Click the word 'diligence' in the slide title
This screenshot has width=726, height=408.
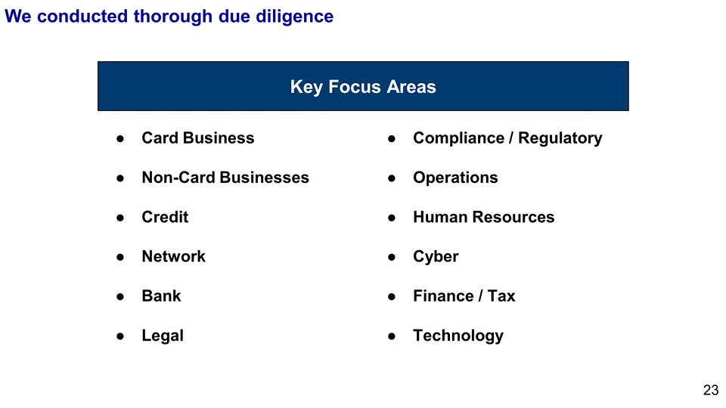pos(294,17)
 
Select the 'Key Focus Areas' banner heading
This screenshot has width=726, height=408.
pos(363,87)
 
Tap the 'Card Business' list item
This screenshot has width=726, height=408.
pos(198,138)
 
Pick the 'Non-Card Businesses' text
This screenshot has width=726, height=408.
pos(225,177)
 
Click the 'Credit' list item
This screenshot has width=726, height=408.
pos(166,217)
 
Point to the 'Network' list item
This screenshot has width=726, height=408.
pos(174,256)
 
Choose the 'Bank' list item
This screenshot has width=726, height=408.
pos(162,296)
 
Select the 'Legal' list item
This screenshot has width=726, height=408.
pos(163,335)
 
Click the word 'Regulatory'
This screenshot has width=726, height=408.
pos(560,138)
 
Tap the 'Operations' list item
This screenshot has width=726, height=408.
pos(455,178)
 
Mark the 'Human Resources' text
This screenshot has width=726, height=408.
pos(484,217)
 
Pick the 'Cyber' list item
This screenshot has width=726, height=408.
pos(436,257)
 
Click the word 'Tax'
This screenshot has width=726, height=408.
pos(501,296)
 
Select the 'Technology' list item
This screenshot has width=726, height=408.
pos(458,335)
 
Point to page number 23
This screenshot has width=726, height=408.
pos(711,390)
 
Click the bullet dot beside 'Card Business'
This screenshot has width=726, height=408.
pos(120,138)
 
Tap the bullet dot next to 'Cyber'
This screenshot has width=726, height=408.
pos(392,257)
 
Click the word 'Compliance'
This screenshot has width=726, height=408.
pos(459,138)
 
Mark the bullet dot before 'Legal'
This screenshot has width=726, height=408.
pos(120,335)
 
